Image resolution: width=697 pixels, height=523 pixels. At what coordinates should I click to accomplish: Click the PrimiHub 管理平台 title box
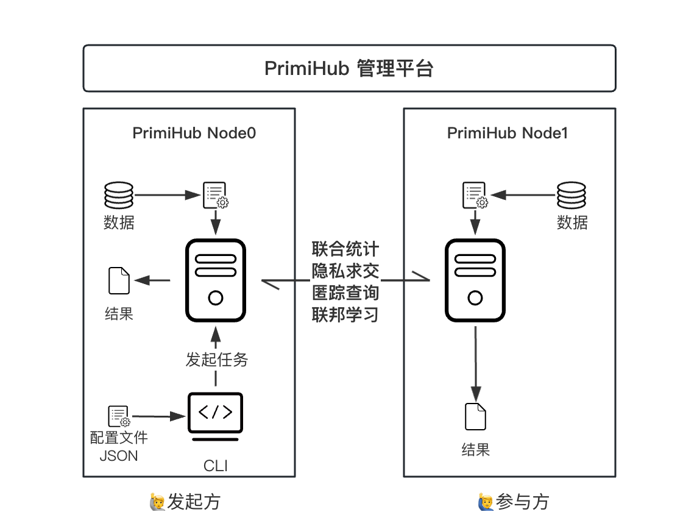click(349, 68)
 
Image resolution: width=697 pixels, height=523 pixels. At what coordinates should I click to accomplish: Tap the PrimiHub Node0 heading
click(194, 133)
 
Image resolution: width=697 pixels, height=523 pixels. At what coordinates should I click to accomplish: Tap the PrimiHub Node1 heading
click(508, 133)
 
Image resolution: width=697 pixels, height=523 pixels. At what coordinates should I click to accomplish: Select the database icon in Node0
click(119, 196)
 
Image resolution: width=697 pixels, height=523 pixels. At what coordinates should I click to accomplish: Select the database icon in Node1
click(571, 196)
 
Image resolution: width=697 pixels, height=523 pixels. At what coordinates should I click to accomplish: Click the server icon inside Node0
click(215, 280)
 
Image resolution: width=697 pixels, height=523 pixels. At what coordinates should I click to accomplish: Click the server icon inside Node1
click(476, 280)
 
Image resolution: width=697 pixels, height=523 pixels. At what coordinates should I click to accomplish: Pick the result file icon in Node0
click(119, 281)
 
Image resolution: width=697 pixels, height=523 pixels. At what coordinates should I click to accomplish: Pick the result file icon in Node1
click(476, 416)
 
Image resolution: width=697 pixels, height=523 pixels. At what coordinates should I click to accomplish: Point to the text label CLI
click(216, 466)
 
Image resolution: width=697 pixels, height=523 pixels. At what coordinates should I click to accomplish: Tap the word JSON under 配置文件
click(119, 455)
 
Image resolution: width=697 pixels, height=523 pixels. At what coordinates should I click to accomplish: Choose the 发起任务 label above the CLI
click(217, 360)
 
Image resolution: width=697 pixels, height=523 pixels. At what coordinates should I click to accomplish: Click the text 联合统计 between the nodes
click(345, 249)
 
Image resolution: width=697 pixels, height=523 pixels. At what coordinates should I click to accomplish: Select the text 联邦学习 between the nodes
click(345, 315)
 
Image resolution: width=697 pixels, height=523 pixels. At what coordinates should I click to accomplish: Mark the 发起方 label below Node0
click(194, 502)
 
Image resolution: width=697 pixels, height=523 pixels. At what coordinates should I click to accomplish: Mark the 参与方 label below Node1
click(522, 502)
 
